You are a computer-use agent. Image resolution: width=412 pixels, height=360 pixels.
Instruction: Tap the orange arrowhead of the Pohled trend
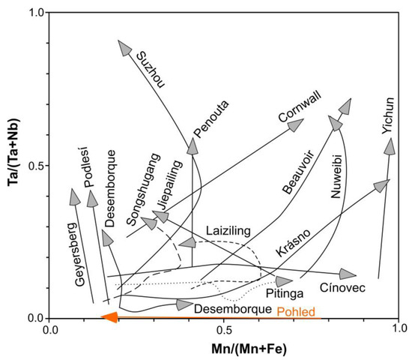[x=109, y=318]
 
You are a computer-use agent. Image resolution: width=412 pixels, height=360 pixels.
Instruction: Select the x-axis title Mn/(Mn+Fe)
[x=224, y=348]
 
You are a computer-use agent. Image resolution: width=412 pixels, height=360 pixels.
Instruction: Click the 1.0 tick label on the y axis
[x=33, y=13]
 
